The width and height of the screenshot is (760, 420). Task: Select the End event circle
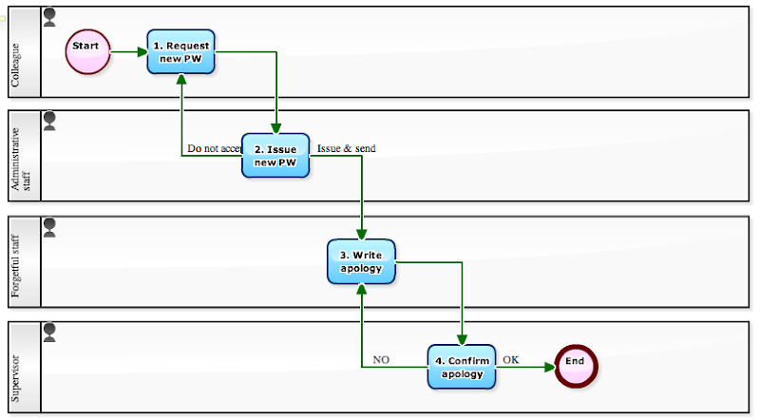point(575,366)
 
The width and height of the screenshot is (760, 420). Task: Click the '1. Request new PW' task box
point(181,51)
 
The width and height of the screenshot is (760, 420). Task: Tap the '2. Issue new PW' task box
point(275,156)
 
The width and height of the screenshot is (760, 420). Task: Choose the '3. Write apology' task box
point(361,261)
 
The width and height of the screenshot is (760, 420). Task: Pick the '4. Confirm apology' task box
point(461,367)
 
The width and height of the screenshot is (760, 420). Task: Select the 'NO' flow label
point(381,360)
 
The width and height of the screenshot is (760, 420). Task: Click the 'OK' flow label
point(510,360)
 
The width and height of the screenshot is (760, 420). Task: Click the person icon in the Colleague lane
point(49,16)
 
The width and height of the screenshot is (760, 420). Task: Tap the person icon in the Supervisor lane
point(49,332)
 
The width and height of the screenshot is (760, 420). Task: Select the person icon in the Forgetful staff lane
point(49,226)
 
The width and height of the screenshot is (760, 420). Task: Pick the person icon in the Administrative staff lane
point(49,121)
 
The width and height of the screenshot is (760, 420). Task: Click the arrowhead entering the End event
point(549,367)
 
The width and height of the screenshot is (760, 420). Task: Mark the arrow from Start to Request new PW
point(129,51)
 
